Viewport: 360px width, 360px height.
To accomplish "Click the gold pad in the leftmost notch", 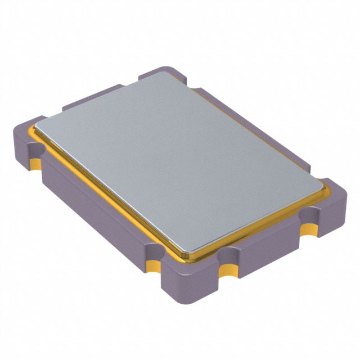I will (35, 164).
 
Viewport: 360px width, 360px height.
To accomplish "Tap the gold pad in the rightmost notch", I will (308, 229).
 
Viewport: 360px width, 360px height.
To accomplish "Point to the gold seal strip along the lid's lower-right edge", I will (259, 225).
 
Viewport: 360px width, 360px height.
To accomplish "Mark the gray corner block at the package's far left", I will (25, 141).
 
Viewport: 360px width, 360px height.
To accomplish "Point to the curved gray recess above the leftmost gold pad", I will (35, 151).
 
